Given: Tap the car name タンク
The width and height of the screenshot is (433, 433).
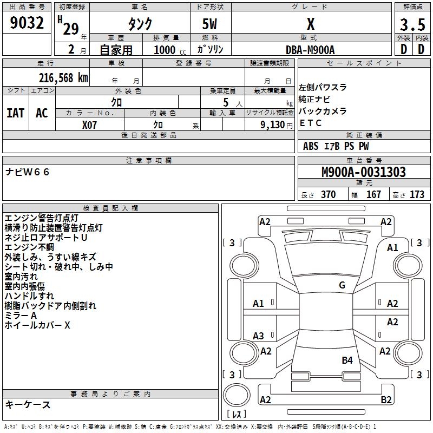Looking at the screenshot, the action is coord(140,24).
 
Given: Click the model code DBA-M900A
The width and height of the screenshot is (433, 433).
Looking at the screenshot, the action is coord(310,50).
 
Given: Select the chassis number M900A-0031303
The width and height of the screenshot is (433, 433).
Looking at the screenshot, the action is coord(364,172).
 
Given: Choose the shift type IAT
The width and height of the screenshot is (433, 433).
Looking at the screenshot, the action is coord(15,113).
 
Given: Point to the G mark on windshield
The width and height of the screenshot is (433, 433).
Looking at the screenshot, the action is coord(342,285).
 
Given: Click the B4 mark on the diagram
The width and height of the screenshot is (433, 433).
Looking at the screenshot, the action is coord(347,360).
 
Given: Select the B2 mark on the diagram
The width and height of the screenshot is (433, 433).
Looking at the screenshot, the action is coord(386,400).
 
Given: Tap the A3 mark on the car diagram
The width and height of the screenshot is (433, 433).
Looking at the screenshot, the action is coord(259,336).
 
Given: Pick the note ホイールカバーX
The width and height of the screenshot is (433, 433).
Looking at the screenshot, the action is coord(37,325).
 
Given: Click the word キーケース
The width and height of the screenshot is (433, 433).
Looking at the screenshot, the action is coord(28,404).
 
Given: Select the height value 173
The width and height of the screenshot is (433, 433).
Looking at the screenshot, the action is coord(417,195).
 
